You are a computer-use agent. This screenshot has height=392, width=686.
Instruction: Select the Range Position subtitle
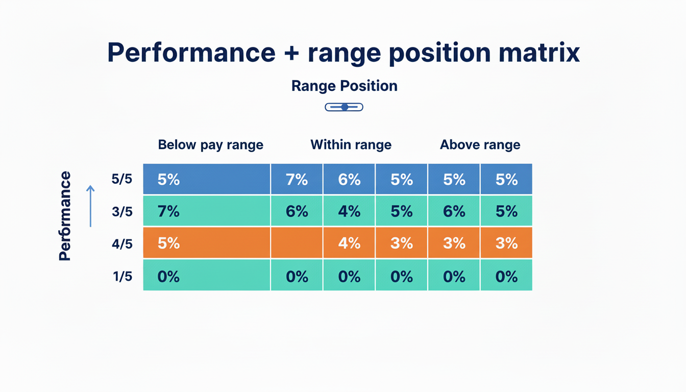pyautogui.click(x=344, y=86)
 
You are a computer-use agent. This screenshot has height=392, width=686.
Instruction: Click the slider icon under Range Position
pyautogui.click(x=344, y=107)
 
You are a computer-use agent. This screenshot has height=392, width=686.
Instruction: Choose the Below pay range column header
pyautogui.click(x=210, y=145)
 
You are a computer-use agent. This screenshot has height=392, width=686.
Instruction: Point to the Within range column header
pyautogui.click(x=351, y=145)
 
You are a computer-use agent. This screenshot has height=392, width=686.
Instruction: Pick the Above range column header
pyautogui.click(x=480, y=145)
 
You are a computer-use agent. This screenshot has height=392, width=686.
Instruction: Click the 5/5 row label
pyautogui.click(x=122, y=179)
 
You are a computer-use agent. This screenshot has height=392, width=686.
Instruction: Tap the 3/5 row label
pyautogui.click(x=122, y=211)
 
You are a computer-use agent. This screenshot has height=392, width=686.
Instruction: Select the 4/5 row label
pyautogui.click(x=122, y=244)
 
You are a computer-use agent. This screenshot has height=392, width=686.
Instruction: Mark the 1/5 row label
pyautogui.click(x=122, y=277)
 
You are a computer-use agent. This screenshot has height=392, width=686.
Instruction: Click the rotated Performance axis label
pyautogui.click(x=65, y=216)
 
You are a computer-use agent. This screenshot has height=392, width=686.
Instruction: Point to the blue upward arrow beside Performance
pyautogui.click(x=90, y=206)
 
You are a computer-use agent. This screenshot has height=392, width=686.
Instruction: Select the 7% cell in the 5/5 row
pyautogui.click(x=297, y=179)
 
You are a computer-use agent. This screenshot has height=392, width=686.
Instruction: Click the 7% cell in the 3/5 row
pyautogui.click(x=206, y=211)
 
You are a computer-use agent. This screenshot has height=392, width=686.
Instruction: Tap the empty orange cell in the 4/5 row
pyautogui.click(x=297, y=243)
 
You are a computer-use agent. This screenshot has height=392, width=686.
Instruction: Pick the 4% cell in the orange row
pyautogui.click(x=349, y=243)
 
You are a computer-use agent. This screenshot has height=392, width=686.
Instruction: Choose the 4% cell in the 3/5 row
pyautogui.click(x=349, y=211)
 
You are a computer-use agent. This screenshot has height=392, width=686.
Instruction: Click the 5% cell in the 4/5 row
pyautogui.click(x=206, y=243)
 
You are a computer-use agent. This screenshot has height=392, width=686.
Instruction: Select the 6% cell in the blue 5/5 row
pyautogui.click(x=349, y=179)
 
